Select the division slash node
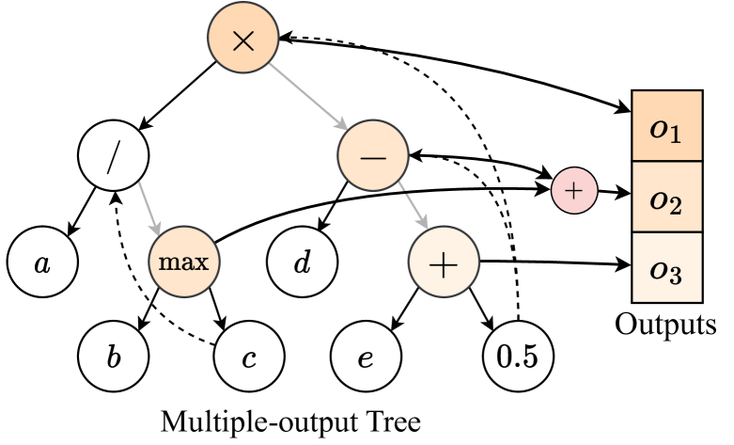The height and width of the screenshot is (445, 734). [114, 157]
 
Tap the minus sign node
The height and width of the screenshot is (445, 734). [373, 156]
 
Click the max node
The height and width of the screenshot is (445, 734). [183, 262]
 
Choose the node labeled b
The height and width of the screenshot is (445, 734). [114, 358]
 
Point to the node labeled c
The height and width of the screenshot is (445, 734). [249, 358]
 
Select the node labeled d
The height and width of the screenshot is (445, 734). [302, 262]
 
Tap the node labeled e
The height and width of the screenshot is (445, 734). [366, 358]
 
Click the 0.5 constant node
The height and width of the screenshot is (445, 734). [517, 358]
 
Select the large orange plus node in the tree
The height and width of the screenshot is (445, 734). [443, 264]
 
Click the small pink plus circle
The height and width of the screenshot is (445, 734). [573, 191]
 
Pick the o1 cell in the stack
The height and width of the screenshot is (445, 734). [667, 127]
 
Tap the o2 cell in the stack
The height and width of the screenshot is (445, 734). [667, 198]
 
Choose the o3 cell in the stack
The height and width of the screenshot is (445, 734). [667, 268]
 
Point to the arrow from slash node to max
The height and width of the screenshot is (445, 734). [149, 206]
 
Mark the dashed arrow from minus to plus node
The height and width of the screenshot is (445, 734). [413, 205]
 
